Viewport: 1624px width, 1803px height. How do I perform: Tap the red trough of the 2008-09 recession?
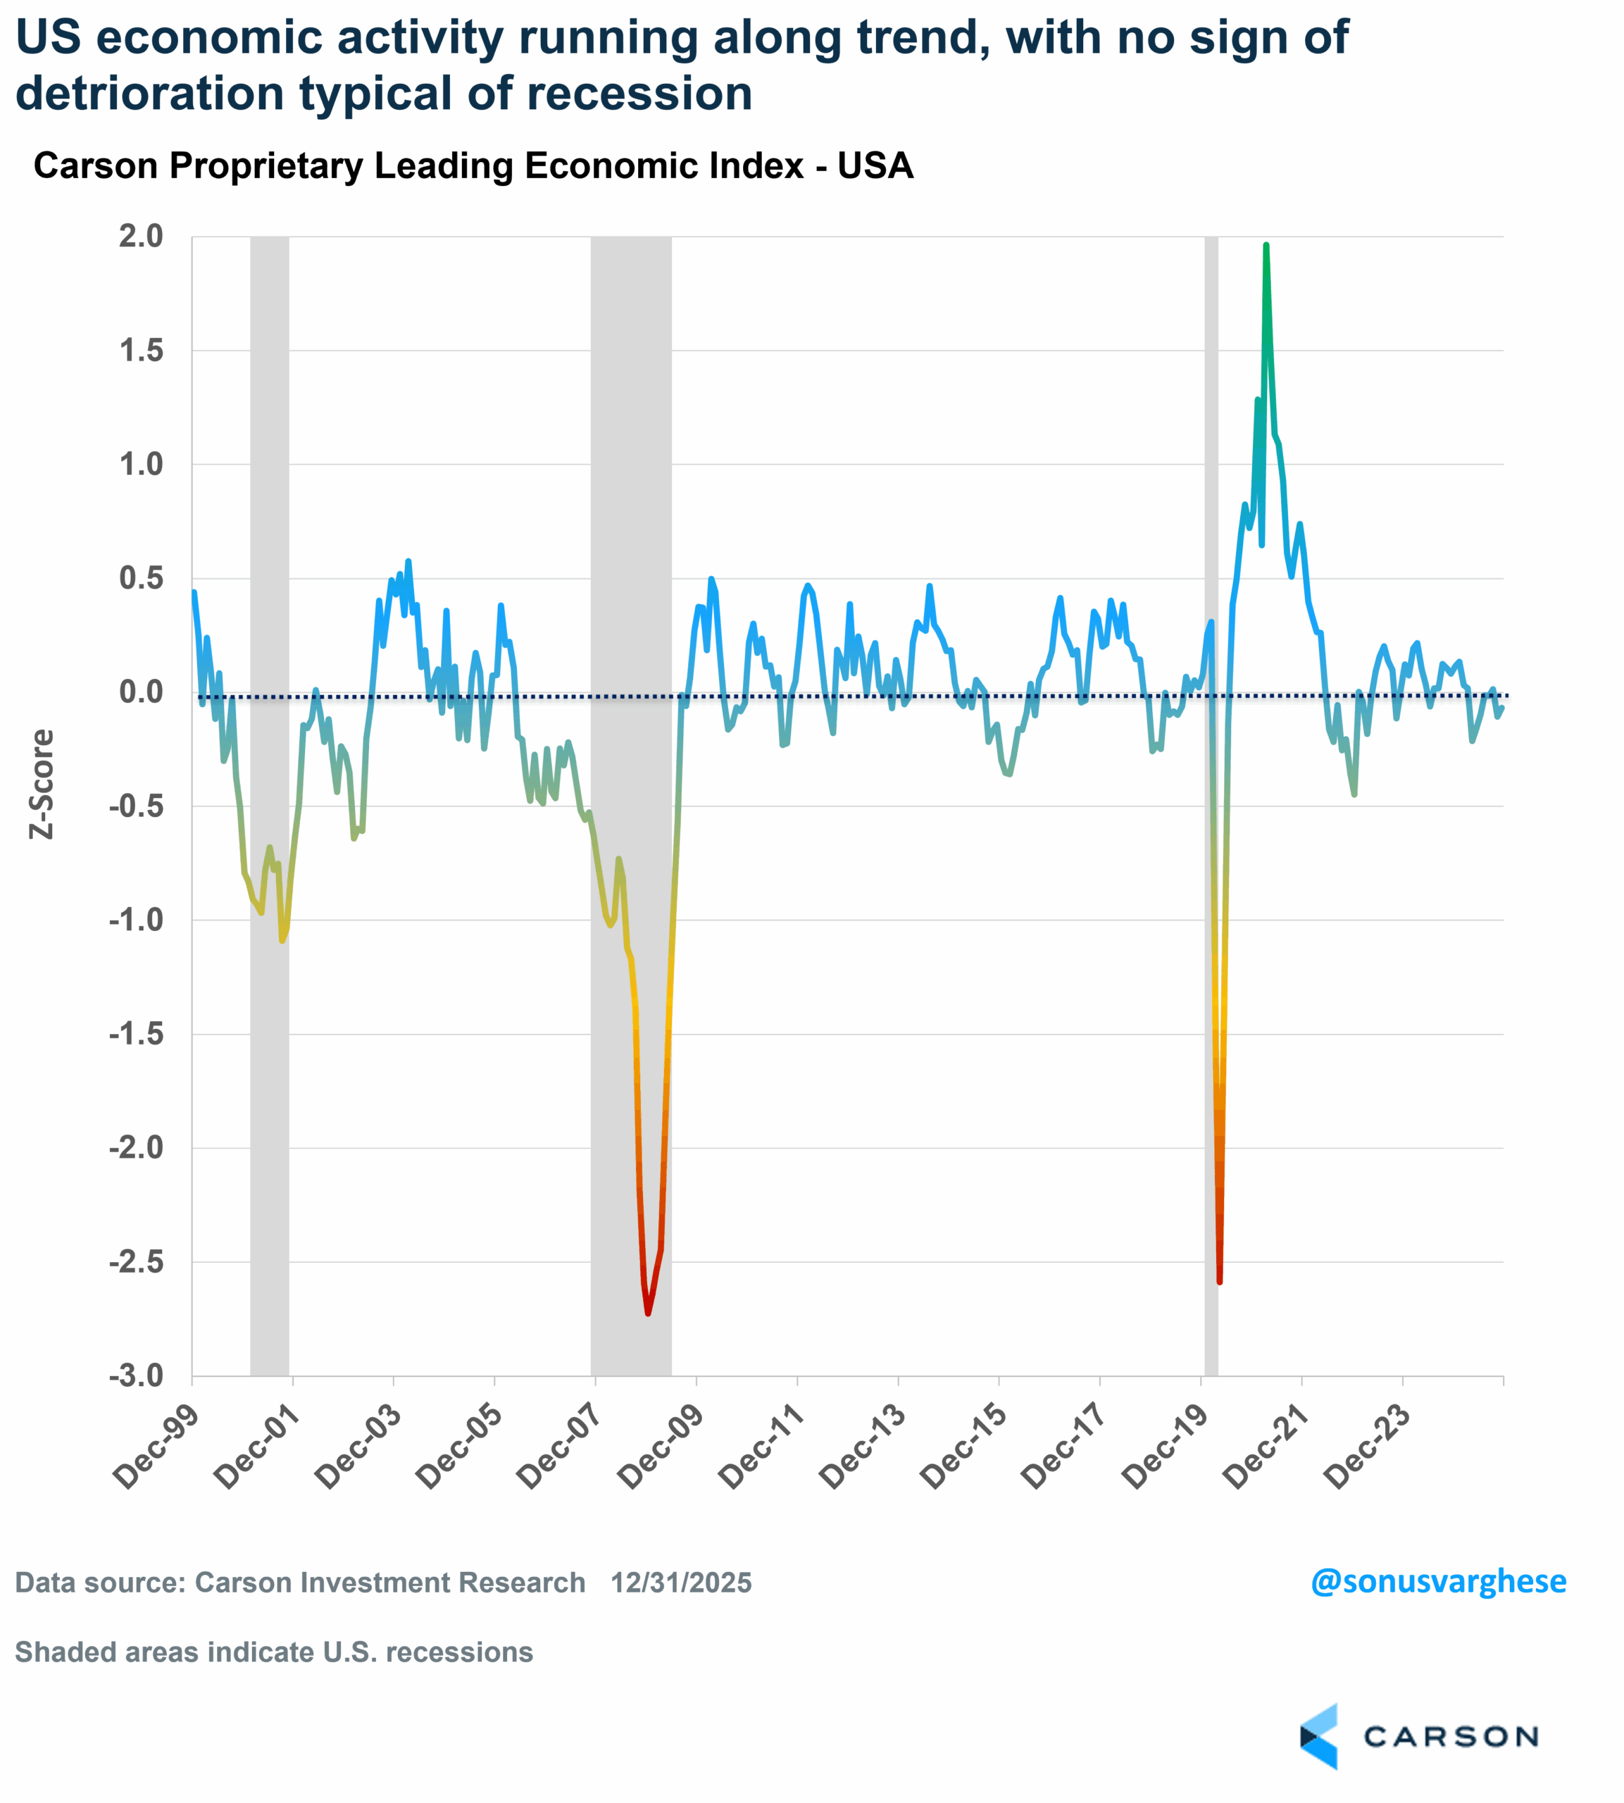(648, 1311)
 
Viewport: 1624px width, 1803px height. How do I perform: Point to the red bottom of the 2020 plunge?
(1219, 1281)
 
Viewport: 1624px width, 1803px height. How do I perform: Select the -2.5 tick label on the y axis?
(137, 1262)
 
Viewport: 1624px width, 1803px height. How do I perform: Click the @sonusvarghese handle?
(1437, 1581)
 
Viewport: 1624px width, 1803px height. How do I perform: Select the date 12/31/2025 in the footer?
(681, 1583)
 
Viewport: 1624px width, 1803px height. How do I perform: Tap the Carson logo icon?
(1320, 1736)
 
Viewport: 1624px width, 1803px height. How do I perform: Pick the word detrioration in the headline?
(147, 94)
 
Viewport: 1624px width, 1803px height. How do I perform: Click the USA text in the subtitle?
(875, 166)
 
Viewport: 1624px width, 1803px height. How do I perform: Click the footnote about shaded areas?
(274, 1652)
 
